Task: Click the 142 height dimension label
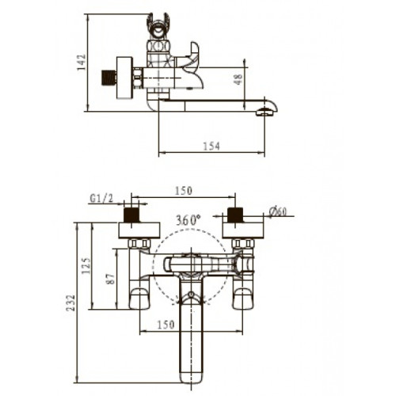pos(82,63)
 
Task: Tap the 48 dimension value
pos(238,79)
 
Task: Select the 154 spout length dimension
pos(211,146)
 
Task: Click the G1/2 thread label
pos(101,198)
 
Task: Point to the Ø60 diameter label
pos(277,211)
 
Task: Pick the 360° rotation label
pos(188,220)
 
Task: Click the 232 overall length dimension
pos(70,303)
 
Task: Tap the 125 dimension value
pos(86,266)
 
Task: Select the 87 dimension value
pos(111,279)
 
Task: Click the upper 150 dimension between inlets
pos(184,191)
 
